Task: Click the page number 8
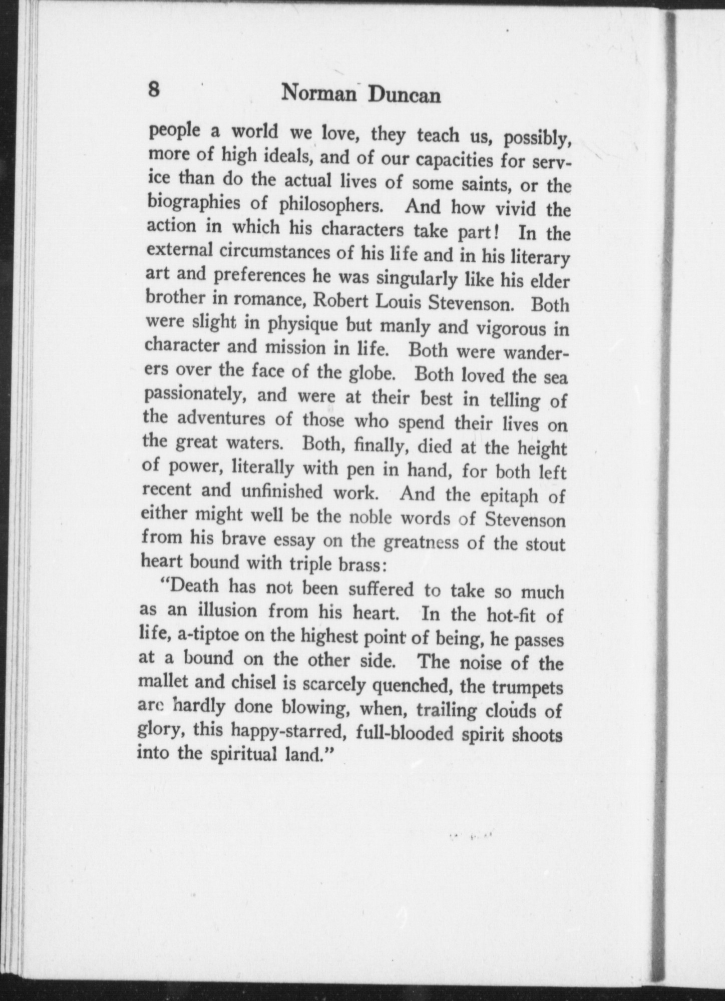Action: (154, 91)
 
